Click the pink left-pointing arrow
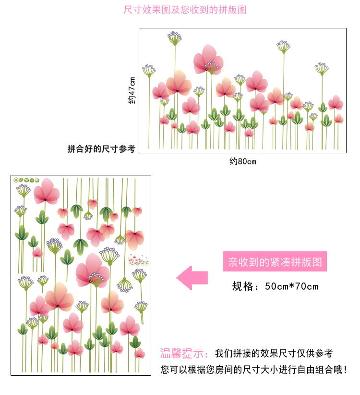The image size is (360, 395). pos(192,277)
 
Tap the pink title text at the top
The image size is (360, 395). pos(185,10)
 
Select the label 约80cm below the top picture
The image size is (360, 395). pos(243,161)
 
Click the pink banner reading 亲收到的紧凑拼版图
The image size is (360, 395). pos(275,262)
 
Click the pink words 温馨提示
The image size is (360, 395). pos(184,354)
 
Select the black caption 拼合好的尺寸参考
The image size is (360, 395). pos(101,149)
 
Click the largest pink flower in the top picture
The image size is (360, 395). pos(208,60)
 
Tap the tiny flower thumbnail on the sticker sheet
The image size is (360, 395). pos(138,260)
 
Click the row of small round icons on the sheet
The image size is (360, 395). pos(27,180)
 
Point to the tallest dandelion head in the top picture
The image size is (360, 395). pos(174,37)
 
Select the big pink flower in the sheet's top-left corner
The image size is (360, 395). pos(46,191)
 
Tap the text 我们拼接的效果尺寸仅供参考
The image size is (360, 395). pos(274,354)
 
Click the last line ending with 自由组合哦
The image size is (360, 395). pos(253,370)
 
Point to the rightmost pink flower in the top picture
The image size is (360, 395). pos(336,102)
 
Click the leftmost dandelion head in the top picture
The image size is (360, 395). pos(149,71)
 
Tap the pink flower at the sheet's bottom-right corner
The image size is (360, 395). pos(139,354)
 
